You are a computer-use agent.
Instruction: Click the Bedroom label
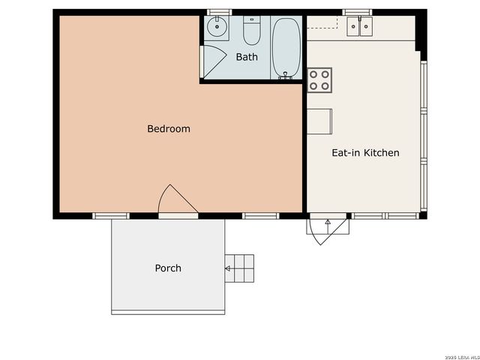[168, 129]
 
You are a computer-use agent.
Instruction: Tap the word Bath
[247, 57]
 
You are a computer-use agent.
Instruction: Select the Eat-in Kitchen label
[365, 153]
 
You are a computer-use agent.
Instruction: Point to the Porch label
[168, 268]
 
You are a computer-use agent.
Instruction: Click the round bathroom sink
[217, 29]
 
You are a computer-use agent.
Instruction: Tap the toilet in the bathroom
[252, 32]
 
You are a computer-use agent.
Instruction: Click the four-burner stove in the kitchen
[319, 79]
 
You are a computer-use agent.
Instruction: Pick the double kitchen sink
[358, 27]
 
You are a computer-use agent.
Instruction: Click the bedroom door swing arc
[178, 200]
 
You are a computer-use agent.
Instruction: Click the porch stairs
[240, 268]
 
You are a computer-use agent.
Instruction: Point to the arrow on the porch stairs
[229, 268]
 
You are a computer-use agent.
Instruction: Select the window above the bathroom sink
[218, 13]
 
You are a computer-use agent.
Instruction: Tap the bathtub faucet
[284, 74]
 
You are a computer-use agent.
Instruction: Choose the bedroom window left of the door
[111, 216]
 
